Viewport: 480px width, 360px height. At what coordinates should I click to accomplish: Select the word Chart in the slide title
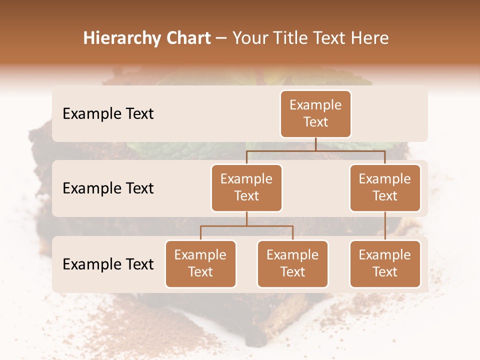pyautogui.click(x=186, y=38)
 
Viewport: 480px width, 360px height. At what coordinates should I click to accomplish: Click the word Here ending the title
pyautogui.click(x=370, y=38)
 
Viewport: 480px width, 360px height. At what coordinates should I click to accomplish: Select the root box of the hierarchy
pyautogui.click(x=315, y=113)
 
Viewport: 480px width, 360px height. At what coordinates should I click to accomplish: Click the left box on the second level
pyautogui.click(x=246, y=187)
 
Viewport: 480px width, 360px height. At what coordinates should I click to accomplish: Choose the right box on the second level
pyautogui.click(x=385, y=187)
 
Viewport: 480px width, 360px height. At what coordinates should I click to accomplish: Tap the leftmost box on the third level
pyautogui.click(x=200, y=263)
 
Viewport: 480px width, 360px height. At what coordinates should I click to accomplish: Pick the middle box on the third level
pyautogui.click(x=292, y=263)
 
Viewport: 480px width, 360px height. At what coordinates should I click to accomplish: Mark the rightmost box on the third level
pyautogui.click(x=385, y=263)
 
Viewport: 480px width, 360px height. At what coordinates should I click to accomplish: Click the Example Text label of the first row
pyautogui.click(x=108, y=114)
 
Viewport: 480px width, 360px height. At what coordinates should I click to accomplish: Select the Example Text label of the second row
pyautogui.click(x=108, y=188)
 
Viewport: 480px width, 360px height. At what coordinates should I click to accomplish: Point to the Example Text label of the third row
pyautogui.click(x=108, y=264)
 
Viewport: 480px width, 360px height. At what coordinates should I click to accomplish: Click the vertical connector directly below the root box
pyautogui.click(x=315, y=144)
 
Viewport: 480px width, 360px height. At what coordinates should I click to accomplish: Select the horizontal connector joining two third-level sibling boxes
pyautogui.click(x=246, y=226)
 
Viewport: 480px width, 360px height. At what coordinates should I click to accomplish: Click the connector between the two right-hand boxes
pyautogui.click(x=385, y=226)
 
